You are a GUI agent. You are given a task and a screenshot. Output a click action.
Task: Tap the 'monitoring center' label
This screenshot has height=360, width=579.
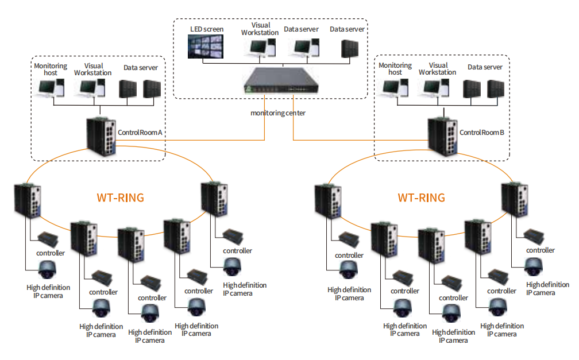(x=278, y=113)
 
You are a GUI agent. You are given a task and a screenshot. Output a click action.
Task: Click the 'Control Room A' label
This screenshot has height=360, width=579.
(x=141, y=133)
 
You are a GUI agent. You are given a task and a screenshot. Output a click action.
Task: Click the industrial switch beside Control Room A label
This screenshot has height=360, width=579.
(x=101, y=136)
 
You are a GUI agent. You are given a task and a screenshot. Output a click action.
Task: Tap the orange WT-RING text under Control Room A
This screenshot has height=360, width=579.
(x=120, y=198)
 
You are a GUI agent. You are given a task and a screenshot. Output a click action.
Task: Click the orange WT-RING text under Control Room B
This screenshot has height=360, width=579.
(x=421, y=198)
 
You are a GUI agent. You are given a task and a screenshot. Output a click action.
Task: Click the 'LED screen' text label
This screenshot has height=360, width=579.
(x=207, y=29)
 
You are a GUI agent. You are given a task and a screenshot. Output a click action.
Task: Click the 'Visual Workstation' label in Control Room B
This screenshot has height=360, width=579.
(x=438, y=69)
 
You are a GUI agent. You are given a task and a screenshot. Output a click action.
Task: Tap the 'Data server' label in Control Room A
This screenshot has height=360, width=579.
(x=141, y=68)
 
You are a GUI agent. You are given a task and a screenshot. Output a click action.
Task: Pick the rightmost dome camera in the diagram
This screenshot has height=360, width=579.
(x=534, y=266)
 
